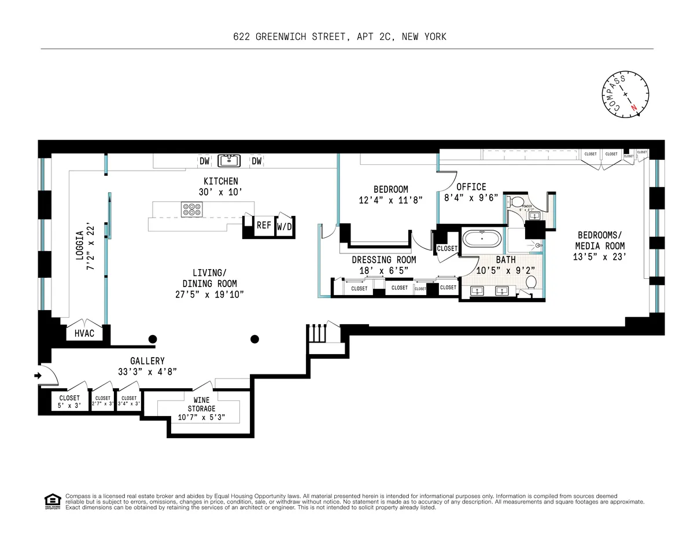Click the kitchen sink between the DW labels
[x=231, y=160]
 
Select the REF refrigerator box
[x=264, y=226]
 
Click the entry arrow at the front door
[x=39, y=376]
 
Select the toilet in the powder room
[x=514, y=202]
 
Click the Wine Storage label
[x=201, y=404]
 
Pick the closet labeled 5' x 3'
[x=69, y=401]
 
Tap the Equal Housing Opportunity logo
[x=53, y=501]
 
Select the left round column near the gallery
[x=153, y=339]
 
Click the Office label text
[x=471, y=187]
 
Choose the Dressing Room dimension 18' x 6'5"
[x=383, y=270]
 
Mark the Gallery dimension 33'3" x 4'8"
[x=147, y=371]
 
